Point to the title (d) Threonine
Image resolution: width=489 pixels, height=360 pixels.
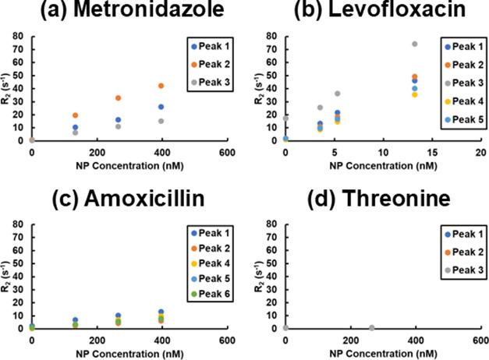373,198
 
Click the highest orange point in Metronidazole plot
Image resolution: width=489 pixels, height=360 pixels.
161,86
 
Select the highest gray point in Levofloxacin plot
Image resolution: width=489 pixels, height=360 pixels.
415,44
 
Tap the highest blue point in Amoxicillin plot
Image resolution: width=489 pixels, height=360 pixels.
161,312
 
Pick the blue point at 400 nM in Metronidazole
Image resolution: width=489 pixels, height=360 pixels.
161,107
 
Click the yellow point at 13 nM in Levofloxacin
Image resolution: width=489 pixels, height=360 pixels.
415,95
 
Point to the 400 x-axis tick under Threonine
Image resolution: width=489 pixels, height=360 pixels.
416,341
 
